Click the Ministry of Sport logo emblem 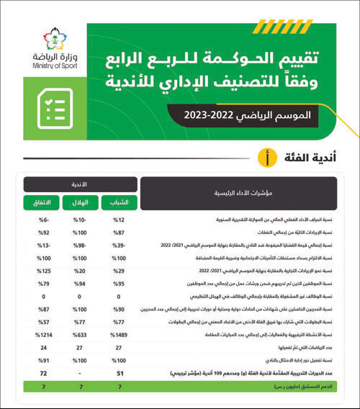[x=45, y=42]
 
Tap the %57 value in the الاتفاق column [x=40, y=323]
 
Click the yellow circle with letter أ [x=269, y=155]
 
